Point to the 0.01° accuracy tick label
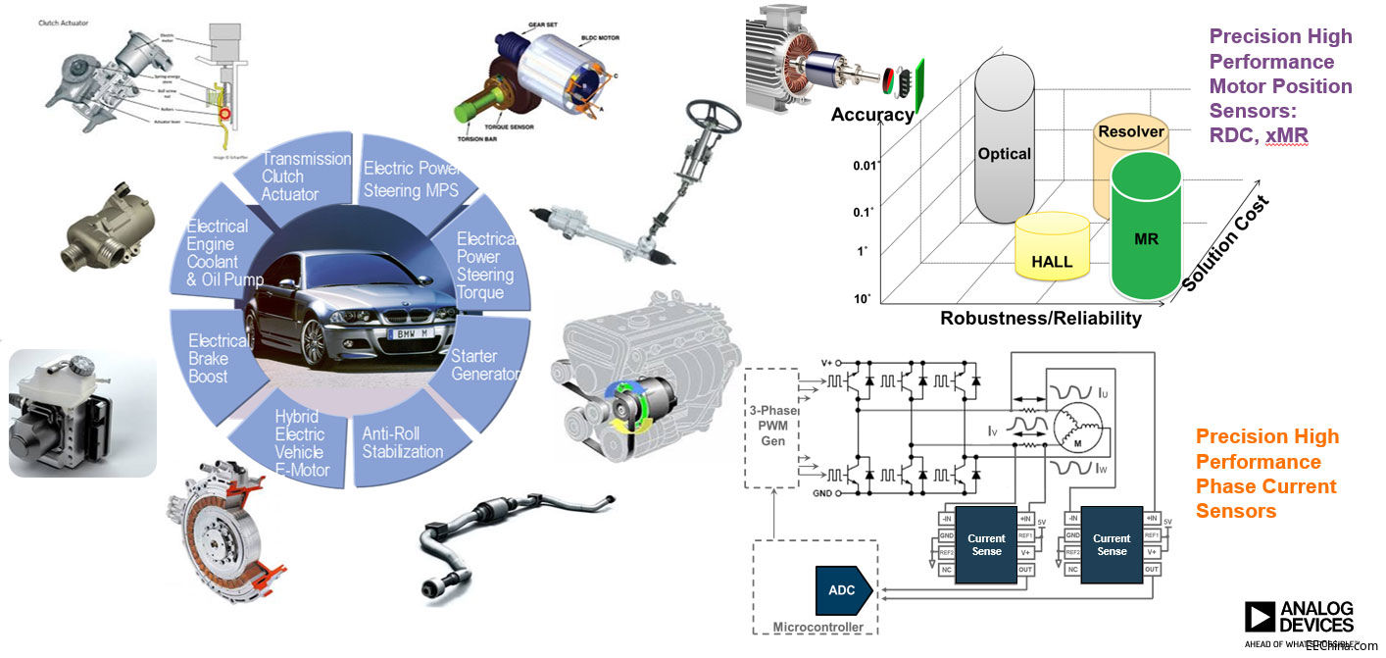864,166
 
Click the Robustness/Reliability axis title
1040,318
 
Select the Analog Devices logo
1299,619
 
